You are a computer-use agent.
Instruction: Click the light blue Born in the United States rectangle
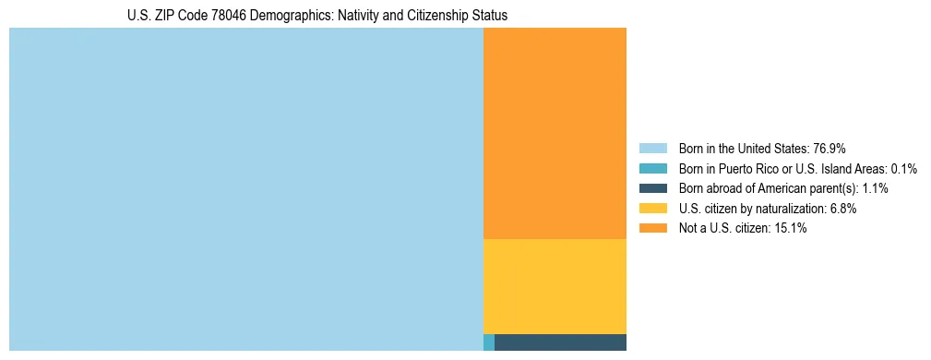pos(245,189)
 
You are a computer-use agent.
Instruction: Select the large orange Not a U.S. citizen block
pos(555,133)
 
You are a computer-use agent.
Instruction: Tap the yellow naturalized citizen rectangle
pos(555,286)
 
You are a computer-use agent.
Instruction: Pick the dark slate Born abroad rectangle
pos(560,342)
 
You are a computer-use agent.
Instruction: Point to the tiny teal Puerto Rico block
pos(489,342)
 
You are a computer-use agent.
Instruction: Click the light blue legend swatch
pos(652,149)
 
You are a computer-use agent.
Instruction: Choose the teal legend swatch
pos(652,169)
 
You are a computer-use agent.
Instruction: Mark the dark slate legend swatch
pos(652,188)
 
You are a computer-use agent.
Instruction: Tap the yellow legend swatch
pos(652,209)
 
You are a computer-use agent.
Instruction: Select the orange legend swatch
pos(652,228)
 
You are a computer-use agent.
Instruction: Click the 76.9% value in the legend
pos(829,149)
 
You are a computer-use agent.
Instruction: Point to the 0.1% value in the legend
pos(904,169)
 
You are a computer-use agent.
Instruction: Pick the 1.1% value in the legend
pos(873,188)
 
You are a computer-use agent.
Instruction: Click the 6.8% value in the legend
pos(841,209)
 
